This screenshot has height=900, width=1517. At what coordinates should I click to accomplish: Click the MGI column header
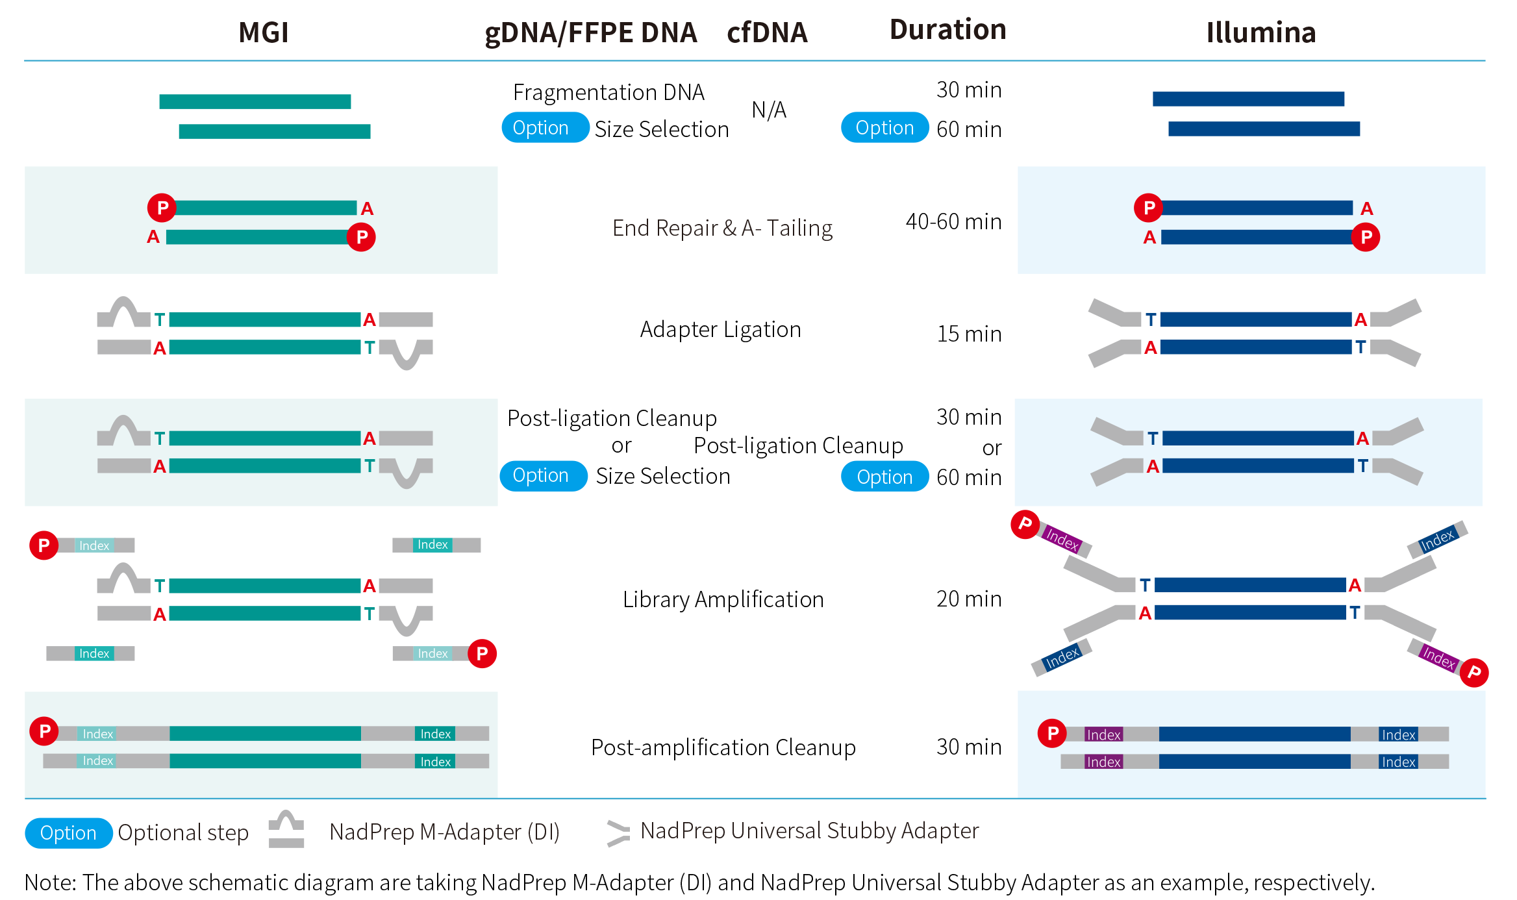pos(263,32)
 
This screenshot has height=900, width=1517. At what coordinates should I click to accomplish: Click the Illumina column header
pos(1260,32)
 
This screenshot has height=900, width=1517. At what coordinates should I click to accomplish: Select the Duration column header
pos(947,30)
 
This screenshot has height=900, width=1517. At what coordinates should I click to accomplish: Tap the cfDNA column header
pos(767,32)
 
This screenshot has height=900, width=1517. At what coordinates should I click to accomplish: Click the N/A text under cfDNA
pos(769,110)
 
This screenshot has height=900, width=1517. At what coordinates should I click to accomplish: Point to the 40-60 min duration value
pos(953,222)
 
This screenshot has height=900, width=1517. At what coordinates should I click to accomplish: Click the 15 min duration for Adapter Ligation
pos(969,334)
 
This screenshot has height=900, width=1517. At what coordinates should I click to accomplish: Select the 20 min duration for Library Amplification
pos(969,599)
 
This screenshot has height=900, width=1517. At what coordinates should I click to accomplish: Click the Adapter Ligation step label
pos(720,330)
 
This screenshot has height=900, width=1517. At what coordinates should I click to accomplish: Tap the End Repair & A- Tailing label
pos(722,229)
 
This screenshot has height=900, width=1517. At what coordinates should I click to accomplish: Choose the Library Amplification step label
pos(723,599)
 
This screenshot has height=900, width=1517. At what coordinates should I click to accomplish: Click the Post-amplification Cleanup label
pos(723,747)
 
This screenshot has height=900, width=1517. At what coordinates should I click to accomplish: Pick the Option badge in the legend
pos(68,833)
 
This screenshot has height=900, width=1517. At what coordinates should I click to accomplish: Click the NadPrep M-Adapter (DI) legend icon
pos(286,830)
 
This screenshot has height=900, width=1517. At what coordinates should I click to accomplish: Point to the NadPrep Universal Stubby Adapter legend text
pos(809,831)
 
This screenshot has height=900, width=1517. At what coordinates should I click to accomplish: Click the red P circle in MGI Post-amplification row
pos(44,731)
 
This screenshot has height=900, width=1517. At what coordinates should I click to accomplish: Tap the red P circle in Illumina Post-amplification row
pos(1052,733)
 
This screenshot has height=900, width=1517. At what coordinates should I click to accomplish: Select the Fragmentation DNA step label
pos(608,93)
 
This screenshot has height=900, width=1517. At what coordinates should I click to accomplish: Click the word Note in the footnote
pos(50,883)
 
